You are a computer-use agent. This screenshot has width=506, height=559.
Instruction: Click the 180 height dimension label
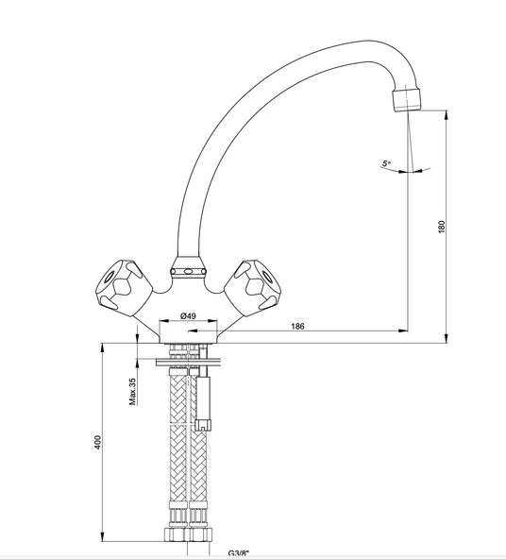[x=442, y=227]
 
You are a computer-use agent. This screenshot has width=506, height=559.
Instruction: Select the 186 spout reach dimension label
[x=298, y=326]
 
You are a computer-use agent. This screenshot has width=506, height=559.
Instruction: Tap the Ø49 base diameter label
[x=188, y=316]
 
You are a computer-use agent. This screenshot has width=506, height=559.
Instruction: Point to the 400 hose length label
[x=97, y=442]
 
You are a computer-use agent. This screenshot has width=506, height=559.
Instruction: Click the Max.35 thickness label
[x=132, y=392]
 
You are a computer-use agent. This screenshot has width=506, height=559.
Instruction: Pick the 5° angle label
[x=386, y=163]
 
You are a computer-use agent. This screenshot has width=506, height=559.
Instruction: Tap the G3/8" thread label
[x=239, y=553]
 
